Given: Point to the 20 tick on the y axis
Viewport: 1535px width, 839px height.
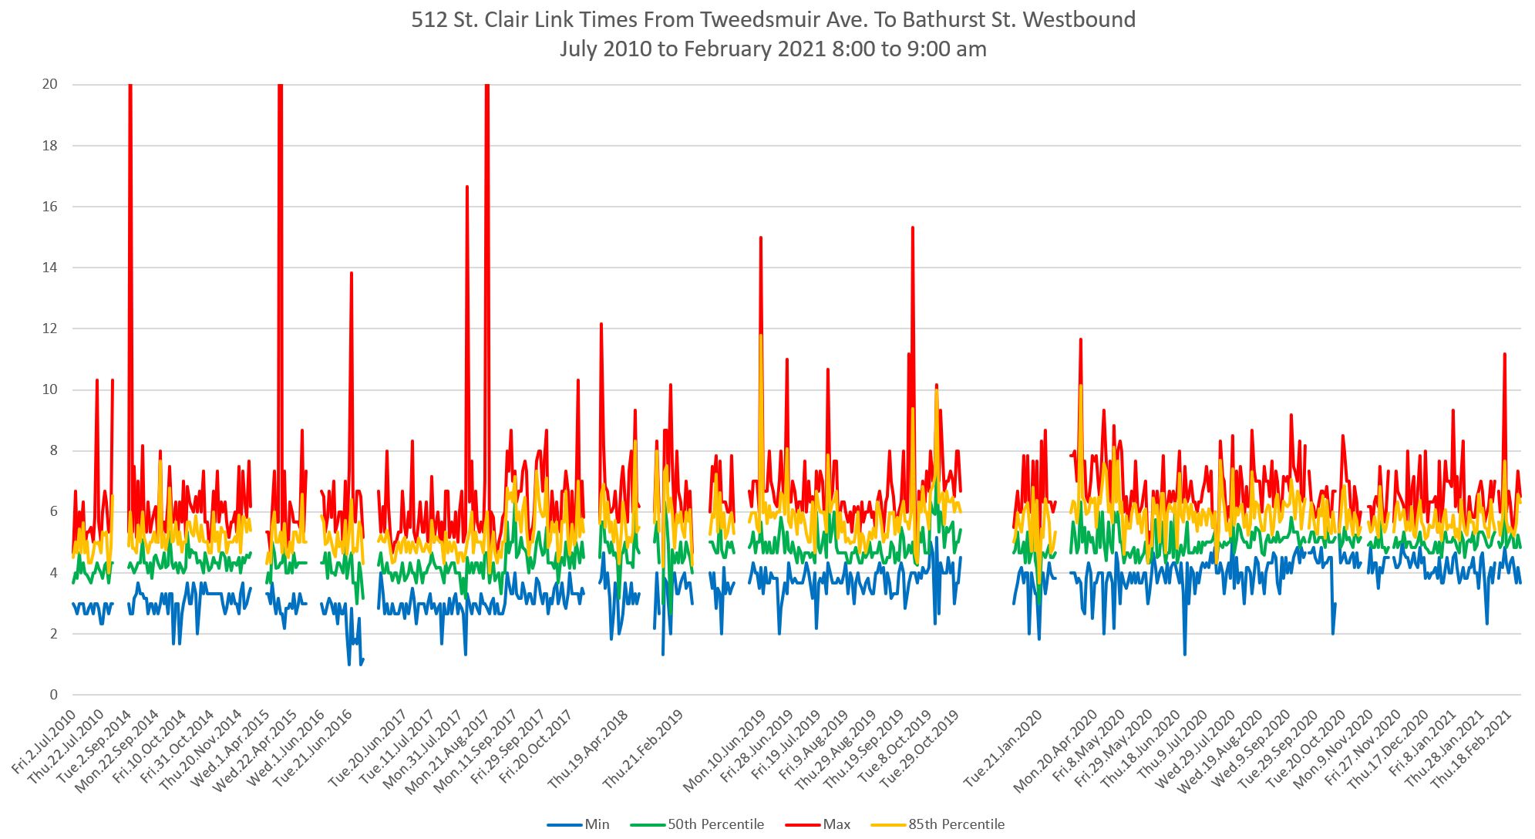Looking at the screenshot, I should (50, 85).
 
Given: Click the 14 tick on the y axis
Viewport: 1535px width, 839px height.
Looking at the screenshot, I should (50, 268).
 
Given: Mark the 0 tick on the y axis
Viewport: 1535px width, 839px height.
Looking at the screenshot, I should (53, 695).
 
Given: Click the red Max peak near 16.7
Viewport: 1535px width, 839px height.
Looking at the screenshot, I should (467, 187).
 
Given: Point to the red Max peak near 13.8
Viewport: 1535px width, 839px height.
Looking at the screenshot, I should (352, 273).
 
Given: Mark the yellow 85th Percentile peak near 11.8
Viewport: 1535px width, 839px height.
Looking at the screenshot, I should (761, 335).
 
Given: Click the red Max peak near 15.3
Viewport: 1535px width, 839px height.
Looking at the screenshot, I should (913, 227).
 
